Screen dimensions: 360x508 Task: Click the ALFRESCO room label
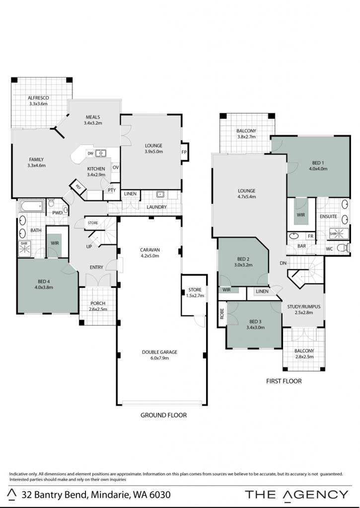38,98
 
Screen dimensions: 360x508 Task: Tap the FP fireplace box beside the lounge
184,152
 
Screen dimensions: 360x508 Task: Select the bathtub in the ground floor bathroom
31,206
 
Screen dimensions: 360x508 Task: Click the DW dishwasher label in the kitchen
90,153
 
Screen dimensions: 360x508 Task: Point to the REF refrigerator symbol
78,187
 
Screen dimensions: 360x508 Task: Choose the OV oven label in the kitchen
116,168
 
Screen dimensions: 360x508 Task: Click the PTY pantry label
112,190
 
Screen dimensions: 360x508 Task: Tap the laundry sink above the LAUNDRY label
160,194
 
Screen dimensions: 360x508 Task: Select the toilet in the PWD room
51,203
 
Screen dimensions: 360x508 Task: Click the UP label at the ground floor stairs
89,247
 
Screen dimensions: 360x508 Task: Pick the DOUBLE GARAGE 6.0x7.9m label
159,355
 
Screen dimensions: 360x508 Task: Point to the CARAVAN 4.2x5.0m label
150,253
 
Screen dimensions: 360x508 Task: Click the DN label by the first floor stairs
283,263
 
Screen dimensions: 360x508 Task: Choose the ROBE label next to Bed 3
222,314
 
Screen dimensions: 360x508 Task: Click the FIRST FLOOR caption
284,381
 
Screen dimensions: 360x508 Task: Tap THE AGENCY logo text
296,495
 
